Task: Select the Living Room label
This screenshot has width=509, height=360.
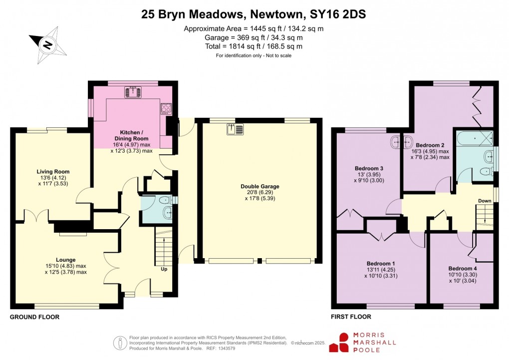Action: [x=48, y=171]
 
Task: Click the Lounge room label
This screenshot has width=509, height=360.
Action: [x=66, y=260]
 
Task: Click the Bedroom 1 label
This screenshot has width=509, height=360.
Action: [x=381, y=263]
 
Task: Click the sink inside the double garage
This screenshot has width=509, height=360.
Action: [x=236, y=129]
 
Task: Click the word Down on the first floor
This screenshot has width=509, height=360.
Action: [x=485, y=201]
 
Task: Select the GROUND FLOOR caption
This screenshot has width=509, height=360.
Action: [x=34, y=317]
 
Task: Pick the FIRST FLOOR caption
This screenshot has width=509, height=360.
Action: [x=351, y=317]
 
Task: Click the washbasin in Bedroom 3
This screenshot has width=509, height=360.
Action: [x=401, y=142]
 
